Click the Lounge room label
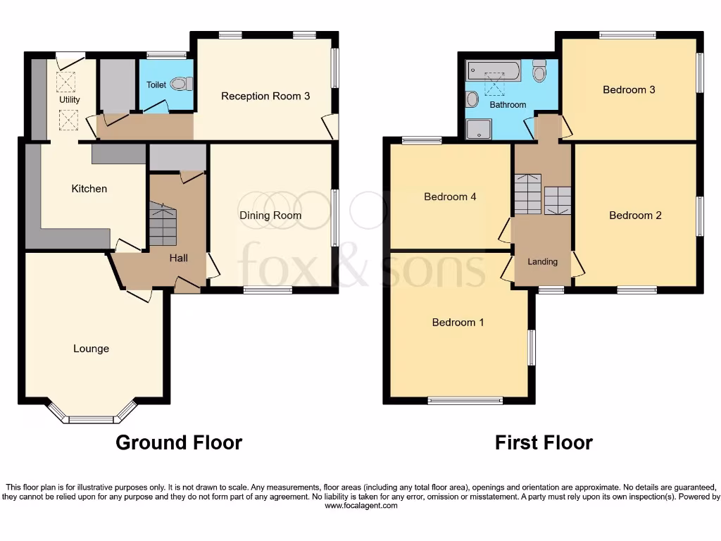point(91,349)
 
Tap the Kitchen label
point(89,189)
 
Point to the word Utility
point(69,99)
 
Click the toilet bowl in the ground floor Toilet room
point(182,84)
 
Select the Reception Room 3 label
point(265,96)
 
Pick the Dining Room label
point(270,216)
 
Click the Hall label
point(178,259)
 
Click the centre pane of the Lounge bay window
point(90,420)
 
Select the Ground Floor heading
point(179,442)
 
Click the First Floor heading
point(544,442)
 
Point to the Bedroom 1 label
point(458,323)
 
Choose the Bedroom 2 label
point(635,216)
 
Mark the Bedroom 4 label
point(450,197)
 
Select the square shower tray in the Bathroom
point(479,129)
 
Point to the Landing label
point(542,261)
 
